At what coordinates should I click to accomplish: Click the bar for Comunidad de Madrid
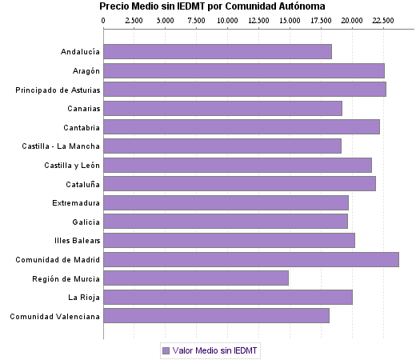pyautogui.click(x=251, y=259)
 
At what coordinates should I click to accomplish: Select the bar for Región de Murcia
pyautogui.click(x=196, y=278)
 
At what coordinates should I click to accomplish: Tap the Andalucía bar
pyautogui.click(x=218, y=51)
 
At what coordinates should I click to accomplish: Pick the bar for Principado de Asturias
pyautogui.click(x=245, y=89)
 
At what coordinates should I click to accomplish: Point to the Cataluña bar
pyautogui.click(x=240, y=183)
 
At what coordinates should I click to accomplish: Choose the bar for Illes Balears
pyautogui.click(x=230, y=240)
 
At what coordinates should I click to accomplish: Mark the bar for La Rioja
pyautogui.click(x=228, y=298)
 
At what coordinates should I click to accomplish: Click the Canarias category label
pyautogui.click(x=84, y=108)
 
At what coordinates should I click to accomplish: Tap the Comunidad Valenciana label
pyautogui.click(x=55, y=316)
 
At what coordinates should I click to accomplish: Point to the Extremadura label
pyautogui.click(x=76, y=202)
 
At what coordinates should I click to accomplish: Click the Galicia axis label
pyautogui.click(x=86, y=222)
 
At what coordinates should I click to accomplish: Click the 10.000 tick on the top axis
pyautogui.click(x=227, y=19)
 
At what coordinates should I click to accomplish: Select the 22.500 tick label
pyautogui.click(x=383, y=19)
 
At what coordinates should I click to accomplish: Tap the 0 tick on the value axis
pyautogui.click(x=104, y=19)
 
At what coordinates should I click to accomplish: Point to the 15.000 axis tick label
pyautogui.click(x=290, y=19)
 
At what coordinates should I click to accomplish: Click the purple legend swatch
pyautogui.click(x=166, y=350)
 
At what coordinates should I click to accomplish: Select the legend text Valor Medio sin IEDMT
pyautogui.click(x=215, y=350)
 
